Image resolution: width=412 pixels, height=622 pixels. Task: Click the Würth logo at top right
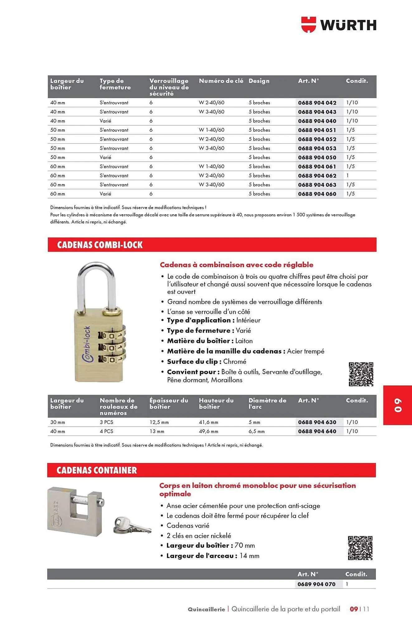pos(339,25)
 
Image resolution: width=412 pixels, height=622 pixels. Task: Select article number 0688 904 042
pos(317,103)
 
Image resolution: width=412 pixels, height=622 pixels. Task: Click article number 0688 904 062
pos(317,176)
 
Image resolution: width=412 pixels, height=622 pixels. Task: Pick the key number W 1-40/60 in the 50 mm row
pos(211,130)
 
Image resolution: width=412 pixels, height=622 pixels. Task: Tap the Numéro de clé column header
pos(221,81)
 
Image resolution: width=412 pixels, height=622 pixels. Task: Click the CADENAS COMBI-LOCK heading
pos(100,245)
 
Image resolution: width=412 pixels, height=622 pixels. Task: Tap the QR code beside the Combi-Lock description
pos(361,374)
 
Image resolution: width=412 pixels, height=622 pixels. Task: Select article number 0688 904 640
pos(317,431)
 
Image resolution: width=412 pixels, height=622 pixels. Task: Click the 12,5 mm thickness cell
pos(159,422)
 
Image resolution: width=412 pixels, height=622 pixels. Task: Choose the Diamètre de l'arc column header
pos(267,403)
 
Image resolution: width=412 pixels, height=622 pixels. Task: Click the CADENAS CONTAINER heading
pos(97,470)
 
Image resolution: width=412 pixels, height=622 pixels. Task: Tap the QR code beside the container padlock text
pos(360,548)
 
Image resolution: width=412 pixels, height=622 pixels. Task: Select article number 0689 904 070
pos(316,584)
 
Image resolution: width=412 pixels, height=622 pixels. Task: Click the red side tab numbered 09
pos(398,405)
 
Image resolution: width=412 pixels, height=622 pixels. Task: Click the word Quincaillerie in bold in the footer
pos(206,609)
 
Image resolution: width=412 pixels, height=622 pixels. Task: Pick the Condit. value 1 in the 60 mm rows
pos(348,176)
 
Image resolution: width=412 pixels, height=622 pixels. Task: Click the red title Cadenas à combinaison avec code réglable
pos(236,265)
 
